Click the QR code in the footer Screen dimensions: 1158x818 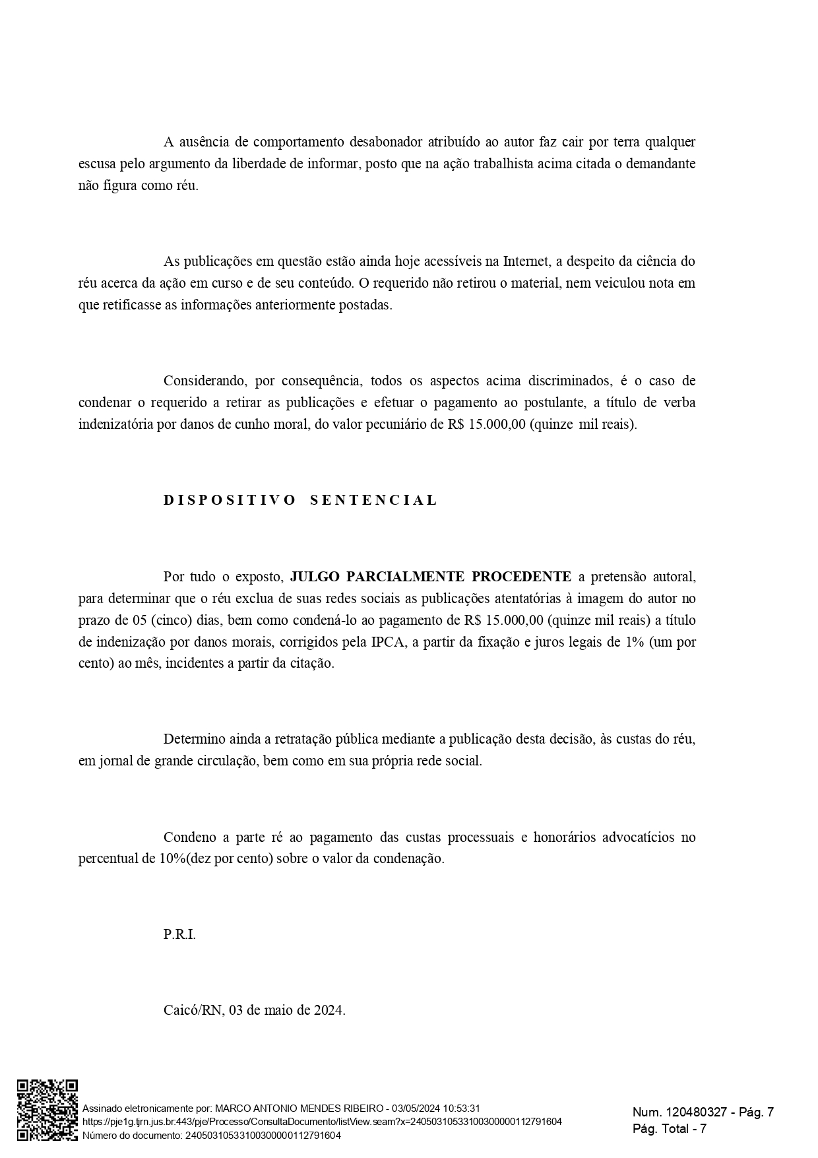point(47,1110)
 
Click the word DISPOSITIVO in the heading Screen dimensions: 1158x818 point(230,500)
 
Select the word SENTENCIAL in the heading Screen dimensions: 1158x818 point(373,500)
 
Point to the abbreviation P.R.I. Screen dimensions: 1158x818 point(179,935)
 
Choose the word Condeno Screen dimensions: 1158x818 point(190,837)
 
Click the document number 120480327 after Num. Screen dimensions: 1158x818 point(697,1112)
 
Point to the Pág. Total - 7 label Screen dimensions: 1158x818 point(670,1129)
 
